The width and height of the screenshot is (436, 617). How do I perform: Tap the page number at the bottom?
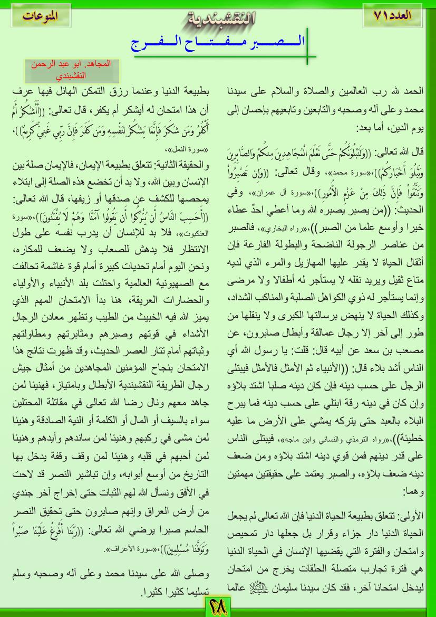218,607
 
